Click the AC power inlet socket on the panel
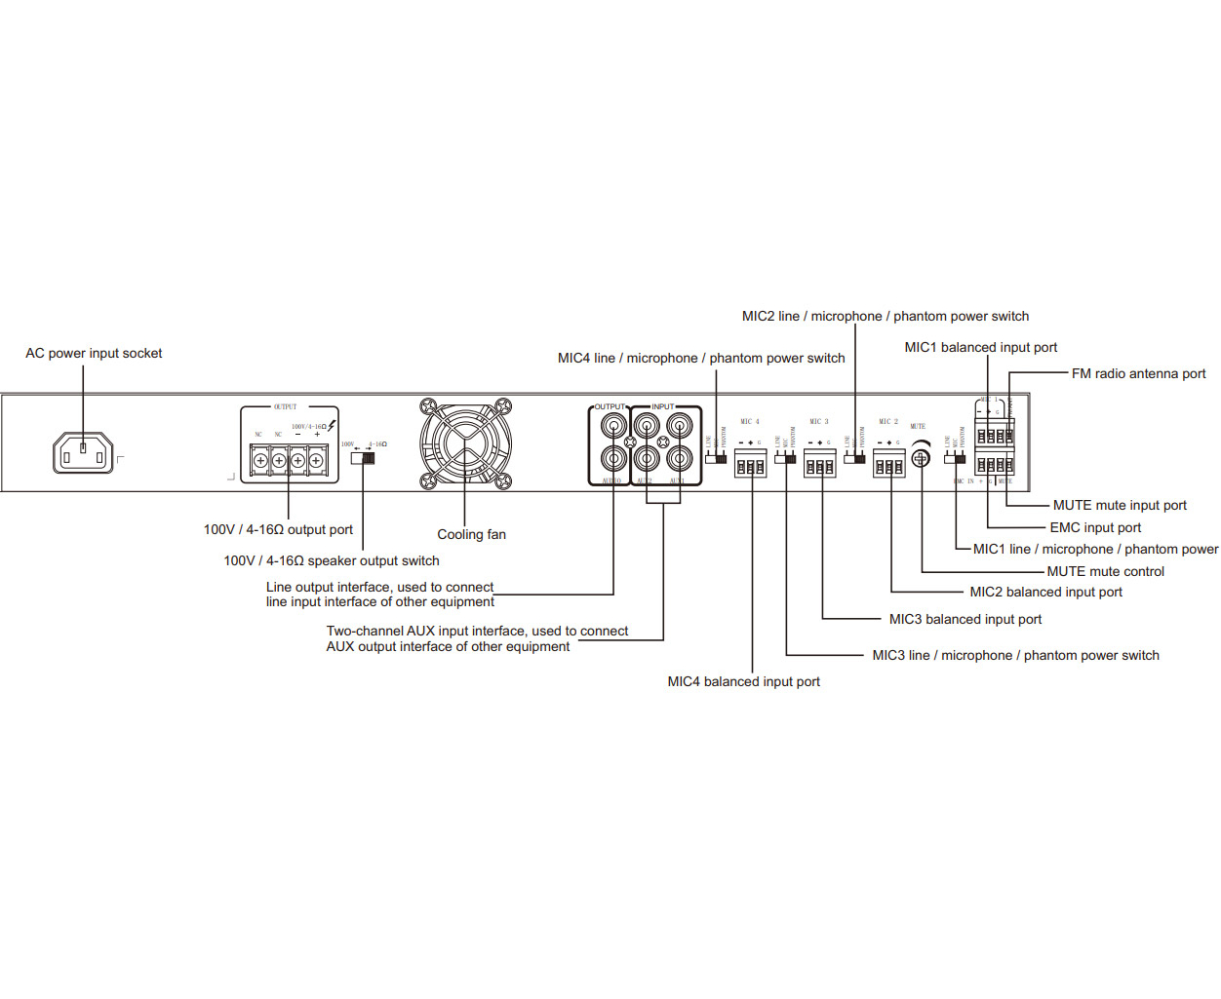83,453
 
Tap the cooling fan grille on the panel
465,443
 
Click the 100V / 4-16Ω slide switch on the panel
363,457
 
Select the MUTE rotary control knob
920,457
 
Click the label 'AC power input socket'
94,354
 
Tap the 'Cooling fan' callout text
471,534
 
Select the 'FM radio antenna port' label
1138,373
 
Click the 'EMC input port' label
1094,527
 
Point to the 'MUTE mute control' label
1105,571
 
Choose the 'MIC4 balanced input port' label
743,681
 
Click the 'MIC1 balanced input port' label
980,347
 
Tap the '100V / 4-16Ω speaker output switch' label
332,560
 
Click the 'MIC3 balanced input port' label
965,619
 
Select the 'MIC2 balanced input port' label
1045,592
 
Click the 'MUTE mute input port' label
1120,505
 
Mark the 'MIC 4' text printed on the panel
749,422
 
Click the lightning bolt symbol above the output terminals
333,426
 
